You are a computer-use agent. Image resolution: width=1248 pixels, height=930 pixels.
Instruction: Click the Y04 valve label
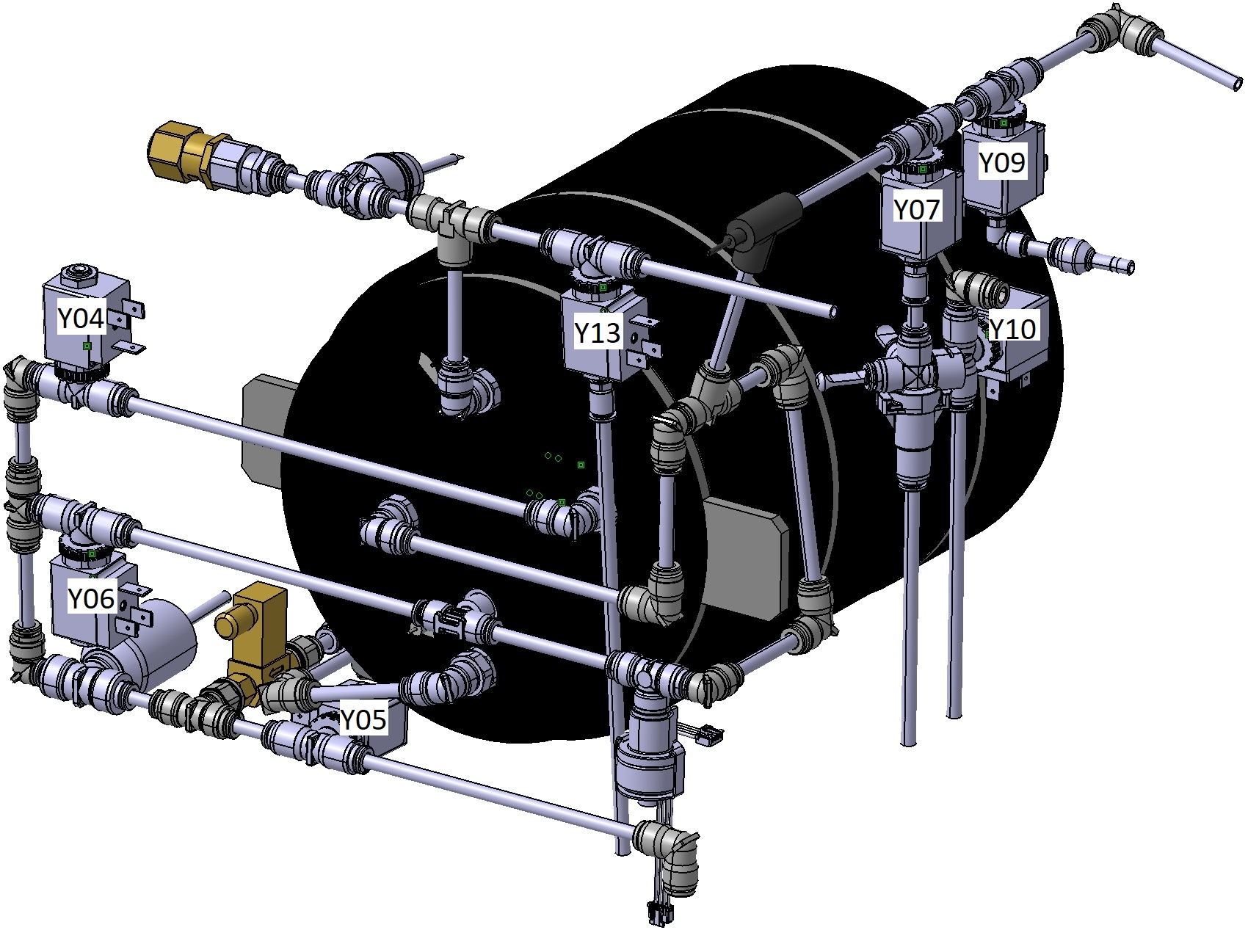point(81,319)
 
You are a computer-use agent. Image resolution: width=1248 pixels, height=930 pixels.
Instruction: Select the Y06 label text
point(91,599)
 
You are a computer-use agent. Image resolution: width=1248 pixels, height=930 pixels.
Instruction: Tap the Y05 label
point(363,720)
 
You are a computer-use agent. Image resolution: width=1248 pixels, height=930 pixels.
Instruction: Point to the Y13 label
point(598,333)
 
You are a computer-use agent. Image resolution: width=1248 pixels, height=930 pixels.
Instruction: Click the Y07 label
point(916,210)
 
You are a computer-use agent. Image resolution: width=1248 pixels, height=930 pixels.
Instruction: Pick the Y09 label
point(1002,163)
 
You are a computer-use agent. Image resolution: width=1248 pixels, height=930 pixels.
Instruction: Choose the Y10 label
point(1013,329)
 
